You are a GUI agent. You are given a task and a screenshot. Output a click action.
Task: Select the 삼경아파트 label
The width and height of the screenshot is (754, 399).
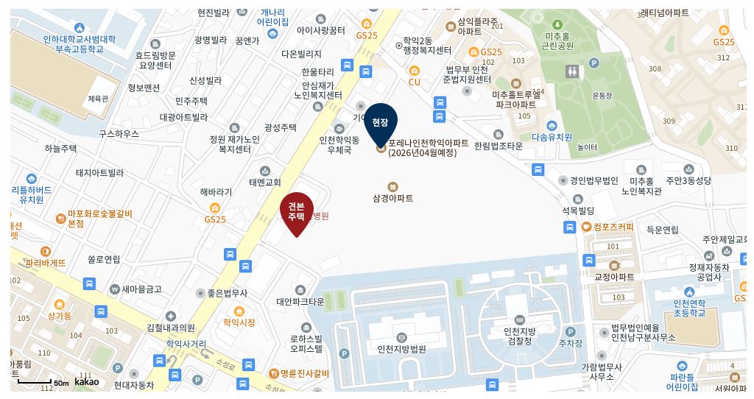(x=392, y=198)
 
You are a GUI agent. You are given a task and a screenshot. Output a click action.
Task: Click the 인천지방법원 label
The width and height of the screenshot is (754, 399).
(x=401, y=349)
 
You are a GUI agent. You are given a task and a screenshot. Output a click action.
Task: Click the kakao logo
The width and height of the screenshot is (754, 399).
(x=86, y=381)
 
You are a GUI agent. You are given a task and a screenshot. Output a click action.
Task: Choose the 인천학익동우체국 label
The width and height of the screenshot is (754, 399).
(x=339, y=144)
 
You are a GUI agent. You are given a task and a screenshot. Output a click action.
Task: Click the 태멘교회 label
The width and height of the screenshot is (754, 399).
(x=265, y=182)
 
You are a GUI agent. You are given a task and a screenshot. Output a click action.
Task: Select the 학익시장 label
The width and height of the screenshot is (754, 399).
(x=239, y=322)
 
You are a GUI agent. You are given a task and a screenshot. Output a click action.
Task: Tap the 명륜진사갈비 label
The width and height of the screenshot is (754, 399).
(x=304, y=373)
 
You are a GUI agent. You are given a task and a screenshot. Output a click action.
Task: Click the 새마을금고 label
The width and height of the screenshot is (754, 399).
(x=141, y=289)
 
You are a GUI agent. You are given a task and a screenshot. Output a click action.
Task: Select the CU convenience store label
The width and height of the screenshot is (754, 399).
(x=414, y=82)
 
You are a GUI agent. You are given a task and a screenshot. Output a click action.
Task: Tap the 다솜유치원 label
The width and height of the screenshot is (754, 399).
(x=552, y=136)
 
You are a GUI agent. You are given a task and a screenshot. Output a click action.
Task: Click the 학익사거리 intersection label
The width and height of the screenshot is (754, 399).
(x=186, y=343)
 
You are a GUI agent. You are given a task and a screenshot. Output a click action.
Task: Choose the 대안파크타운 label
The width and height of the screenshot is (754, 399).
(x=300, y=301)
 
